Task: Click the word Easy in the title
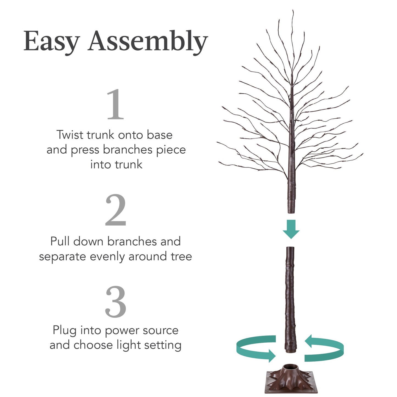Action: (51, 42)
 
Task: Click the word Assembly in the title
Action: (148, 42)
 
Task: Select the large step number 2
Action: (115, 210)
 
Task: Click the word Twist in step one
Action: (70, 135)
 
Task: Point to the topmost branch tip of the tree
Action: (293, 11)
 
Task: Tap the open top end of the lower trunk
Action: (290, 248)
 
